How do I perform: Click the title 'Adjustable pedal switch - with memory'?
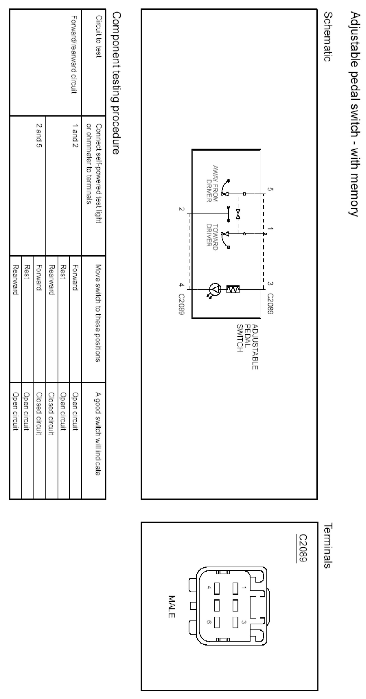355,114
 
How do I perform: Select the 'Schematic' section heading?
328,37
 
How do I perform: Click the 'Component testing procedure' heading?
116,83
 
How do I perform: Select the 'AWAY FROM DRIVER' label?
212,184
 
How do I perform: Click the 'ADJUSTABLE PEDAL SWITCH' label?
247,346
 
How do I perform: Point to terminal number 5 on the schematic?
270,189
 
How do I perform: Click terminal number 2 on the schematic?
181,209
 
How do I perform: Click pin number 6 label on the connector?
209,622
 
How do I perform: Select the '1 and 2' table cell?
75,135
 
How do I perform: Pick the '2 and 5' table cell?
39,135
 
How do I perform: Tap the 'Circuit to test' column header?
98,36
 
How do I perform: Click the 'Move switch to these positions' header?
98,313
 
